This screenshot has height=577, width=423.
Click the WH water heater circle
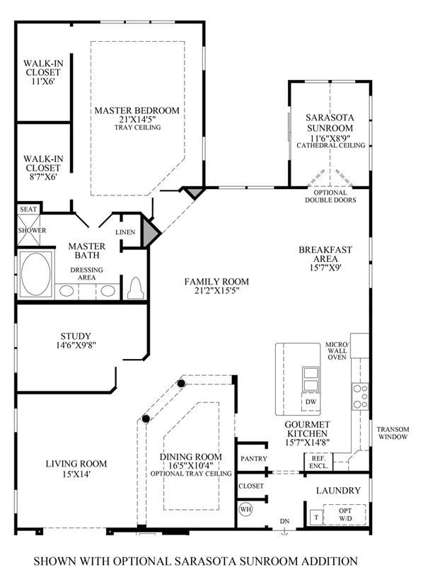246,509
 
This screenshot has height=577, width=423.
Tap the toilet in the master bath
135,288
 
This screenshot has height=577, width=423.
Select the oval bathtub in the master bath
35,274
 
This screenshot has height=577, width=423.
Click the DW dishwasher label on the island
311,402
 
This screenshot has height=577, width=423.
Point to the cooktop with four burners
360,396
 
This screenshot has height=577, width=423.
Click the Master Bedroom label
137,110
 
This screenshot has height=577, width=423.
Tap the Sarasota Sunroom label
330,123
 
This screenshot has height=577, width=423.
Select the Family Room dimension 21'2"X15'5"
217,291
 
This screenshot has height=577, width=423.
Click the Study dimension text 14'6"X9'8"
76,345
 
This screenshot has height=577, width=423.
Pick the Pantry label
253,459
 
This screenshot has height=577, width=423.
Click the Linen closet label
125,232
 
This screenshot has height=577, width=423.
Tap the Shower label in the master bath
32,230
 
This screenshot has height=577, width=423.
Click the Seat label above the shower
28,209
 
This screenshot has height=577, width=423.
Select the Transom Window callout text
393,433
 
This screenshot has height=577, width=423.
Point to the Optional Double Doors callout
330,196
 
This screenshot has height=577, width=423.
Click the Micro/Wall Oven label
337,350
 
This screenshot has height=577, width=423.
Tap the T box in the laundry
316,518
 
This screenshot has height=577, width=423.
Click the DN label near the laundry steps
285,521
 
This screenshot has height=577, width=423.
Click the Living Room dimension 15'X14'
76,474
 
